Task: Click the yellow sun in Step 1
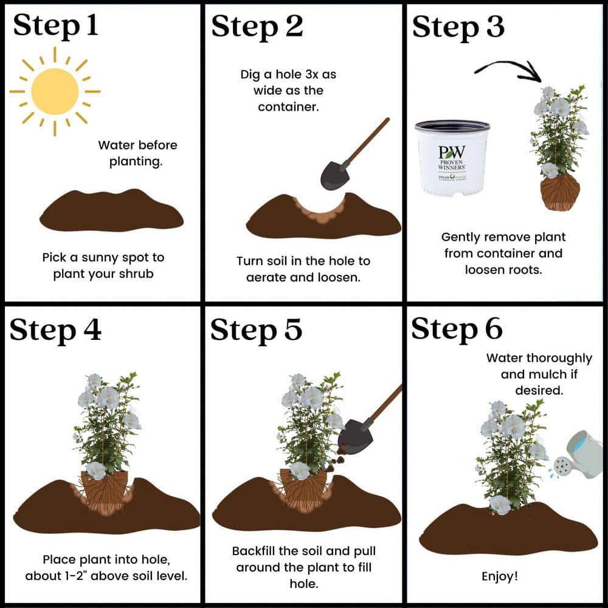pos(55,92)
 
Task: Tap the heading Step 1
pos(55,26)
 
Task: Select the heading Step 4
pos(55,330)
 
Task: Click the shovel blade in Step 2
pos(335,175)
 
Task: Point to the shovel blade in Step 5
pos(354,435)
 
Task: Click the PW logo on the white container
pos(452,151)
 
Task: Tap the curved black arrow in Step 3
pos(508,70)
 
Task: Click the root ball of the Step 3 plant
pos(560,192)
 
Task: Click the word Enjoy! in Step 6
pos(499,576)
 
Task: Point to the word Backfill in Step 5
pos(254,551)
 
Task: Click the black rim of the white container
pos(452,126)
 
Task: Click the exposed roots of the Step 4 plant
pos(105,493)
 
